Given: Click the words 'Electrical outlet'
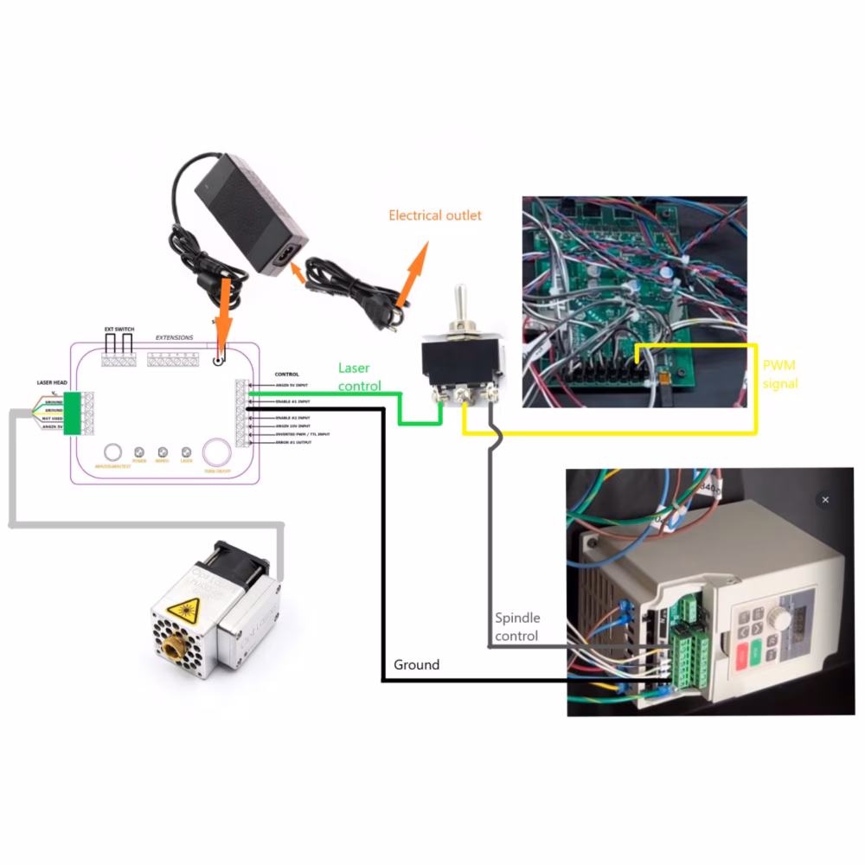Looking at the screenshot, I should click(x=434, y=215).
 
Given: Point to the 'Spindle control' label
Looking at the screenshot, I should click(x=517, y=627).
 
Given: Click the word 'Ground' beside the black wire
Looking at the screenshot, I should click(x=416, y=665).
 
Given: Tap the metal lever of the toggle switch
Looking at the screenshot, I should click(x=463, y=304).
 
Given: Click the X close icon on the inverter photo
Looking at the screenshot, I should click(x=825, y=500).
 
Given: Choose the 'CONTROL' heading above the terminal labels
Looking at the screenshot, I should click(x=286, y=374).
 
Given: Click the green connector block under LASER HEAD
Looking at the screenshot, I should click(x=72, y=413).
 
